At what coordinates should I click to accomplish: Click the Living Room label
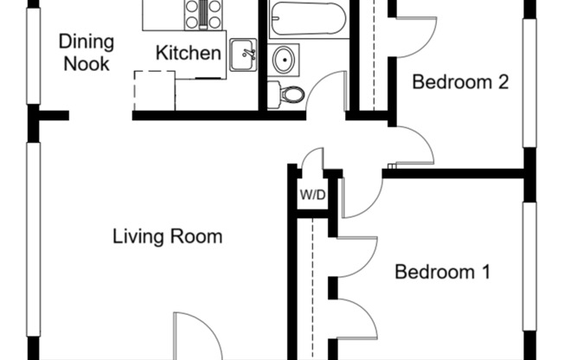click(x=168, y=236)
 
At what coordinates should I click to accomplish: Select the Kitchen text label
click(x=188, y=54)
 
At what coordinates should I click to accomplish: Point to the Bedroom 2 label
click(x=458, y=83)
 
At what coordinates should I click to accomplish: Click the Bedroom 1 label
click(x=442, y=273)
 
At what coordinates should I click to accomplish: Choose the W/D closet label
click(x=312, y=195)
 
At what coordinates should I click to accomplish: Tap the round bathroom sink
click(x=283, y=59)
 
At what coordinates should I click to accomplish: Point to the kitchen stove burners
click(x=203, y=13)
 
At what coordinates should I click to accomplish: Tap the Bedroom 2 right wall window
click(x=529, y=82)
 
